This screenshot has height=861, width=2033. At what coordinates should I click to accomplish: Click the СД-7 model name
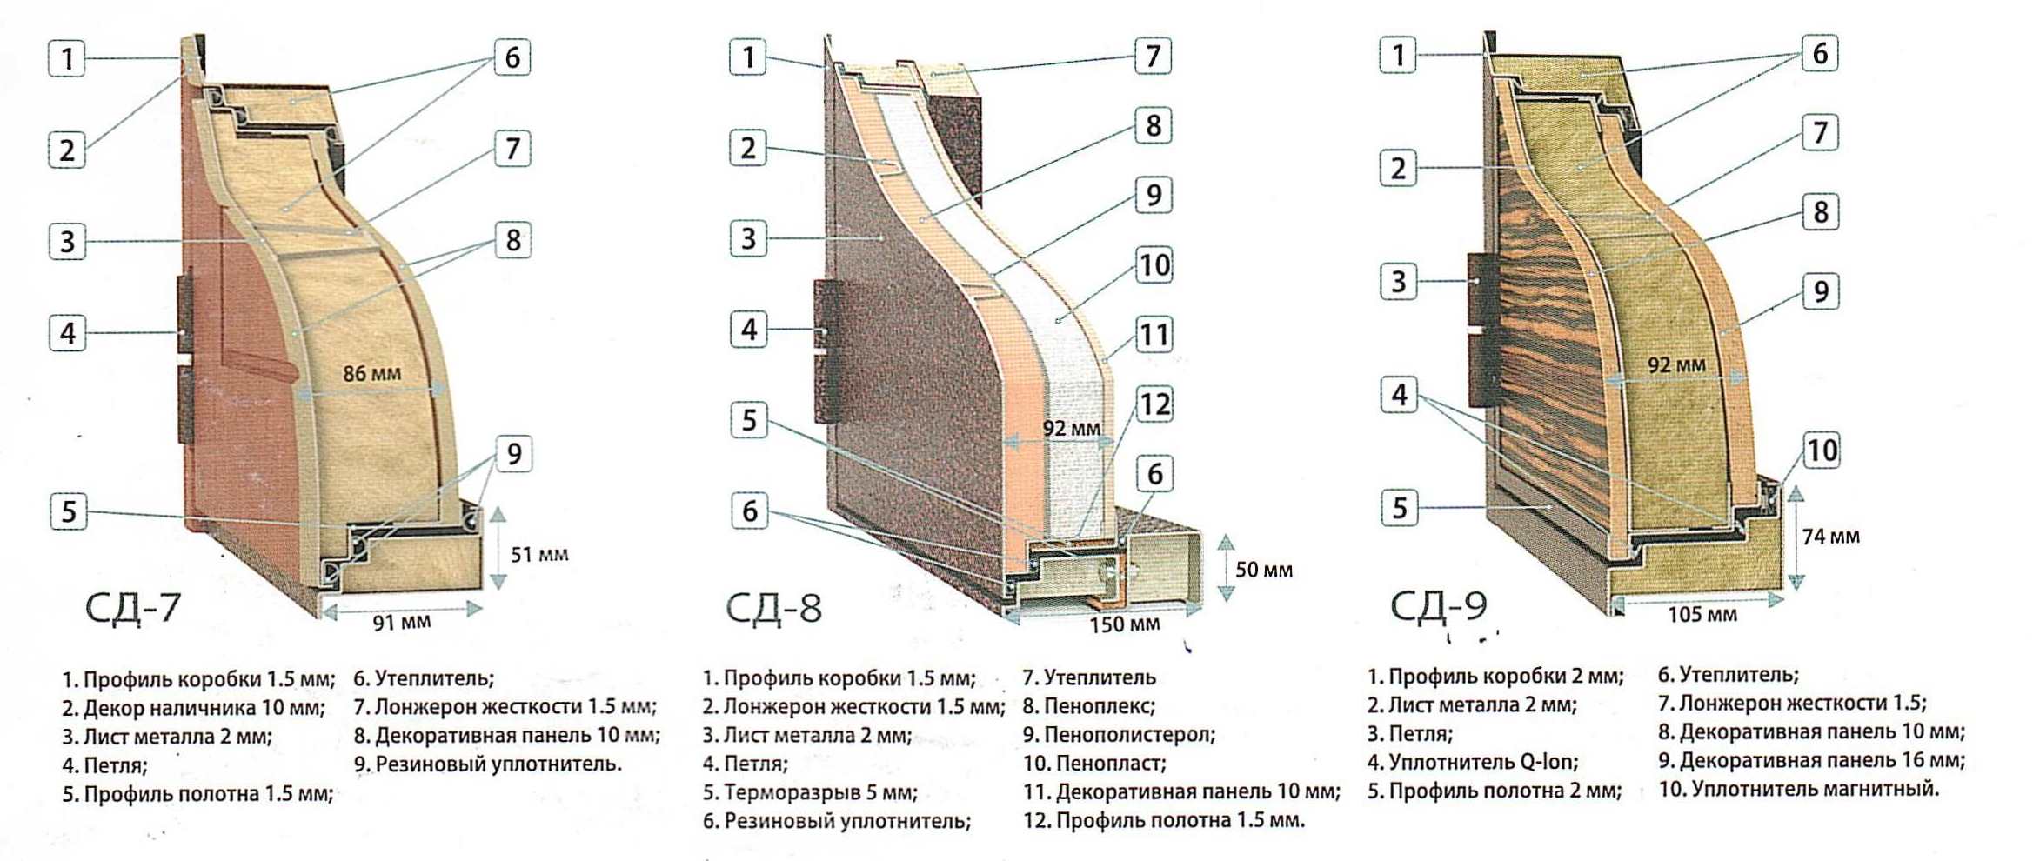coord(133,607)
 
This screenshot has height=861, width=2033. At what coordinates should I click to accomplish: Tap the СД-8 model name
coord(773,608)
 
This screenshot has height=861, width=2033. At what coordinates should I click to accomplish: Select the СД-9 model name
coord(1439,605)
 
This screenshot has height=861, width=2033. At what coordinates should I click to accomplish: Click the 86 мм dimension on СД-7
coord(371,374)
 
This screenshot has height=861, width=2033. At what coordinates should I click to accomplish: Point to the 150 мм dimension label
coord(1125,624)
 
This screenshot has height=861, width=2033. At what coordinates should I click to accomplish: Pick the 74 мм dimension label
coord(1830,537)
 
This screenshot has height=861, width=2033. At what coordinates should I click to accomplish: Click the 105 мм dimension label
coord(1702,615)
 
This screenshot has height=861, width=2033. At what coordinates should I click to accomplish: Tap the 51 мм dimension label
coord(539,555)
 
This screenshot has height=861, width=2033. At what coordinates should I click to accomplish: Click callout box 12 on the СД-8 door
coord(1154,404)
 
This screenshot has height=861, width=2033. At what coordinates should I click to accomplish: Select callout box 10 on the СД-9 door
coord(1821,451)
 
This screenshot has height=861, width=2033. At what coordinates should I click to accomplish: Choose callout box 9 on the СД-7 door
coord(514,454)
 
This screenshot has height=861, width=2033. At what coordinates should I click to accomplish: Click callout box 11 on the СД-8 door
coord(1154,335)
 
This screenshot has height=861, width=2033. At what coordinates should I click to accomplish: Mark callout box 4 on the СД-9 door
coord(1399,396)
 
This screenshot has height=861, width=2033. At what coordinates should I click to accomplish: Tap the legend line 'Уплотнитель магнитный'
coord(1799,790)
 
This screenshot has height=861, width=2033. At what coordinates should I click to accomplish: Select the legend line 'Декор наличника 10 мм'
coord(193,708)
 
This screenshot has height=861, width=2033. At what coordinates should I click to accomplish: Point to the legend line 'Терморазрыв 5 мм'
coord(810,792)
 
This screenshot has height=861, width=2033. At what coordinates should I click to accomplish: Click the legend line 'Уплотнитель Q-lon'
coord(1472,762)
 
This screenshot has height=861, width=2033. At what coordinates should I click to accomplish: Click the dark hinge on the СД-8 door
coord(828,351)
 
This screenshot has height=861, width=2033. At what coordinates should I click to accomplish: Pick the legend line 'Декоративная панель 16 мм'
coord(1811,761)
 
